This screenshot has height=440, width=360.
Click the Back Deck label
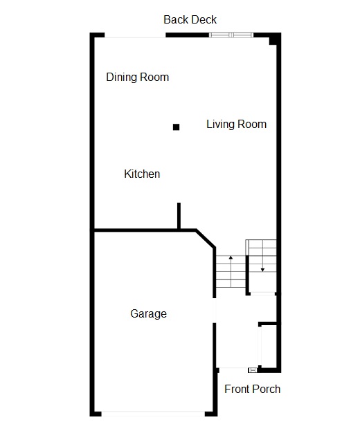pos(190,19)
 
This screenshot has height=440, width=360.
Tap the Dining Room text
pos(137,77)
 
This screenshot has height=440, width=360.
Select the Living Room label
pos(236,125)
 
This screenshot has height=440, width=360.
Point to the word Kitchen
pos(142,174)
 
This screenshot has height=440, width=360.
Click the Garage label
pos(148,313)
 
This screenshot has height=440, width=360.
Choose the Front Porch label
pos(252,389)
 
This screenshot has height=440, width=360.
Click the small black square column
pos(176,127)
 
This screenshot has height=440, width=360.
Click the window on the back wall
pos(232,35)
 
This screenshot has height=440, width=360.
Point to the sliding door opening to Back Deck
pos(134,35)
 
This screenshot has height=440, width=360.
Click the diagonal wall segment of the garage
pos(206,239)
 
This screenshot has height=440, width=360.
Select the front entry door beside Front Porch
pos(235,369)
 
